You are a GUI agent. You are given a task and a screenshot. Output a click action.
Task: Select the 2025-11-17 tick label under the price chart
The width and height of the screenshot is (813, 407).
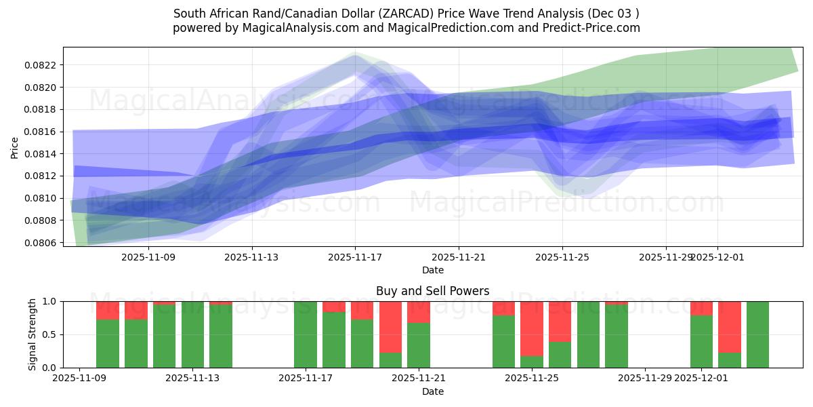[x=355, y=258]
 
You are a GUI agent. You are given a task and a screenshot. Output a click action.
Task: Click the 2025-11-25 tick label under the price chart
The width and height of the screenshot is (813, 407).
[x=562, y=258]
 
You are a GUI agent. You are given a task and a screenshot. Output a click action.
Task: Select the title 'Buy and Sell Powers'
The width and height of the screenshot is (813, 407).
[x=432, y=291]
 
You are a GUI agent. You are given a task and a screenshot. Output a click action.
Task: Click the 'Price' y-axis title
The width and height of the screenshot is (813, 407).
[x=15, y=147]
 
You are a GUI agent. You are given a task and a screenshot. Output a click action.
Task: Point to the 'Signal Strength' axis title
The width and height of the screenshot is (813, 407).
[x=32, y=334]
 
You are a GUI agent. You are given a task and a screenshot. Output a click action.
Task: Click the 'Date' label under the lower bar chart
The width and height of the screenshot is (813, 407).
[x=432, y=391]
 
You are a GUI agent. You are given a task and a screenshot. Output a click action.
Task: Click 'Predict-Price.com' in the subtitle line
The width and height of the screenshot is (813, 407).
[x=595, y=28]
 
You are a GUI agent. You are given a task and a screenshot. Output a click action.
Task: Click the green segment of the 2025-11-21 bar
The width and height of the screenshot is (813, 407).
[x=419, y=345]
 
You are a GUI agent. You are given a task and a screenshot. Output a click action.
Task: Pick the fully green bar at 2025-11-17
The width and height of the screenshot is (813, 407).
[x=306, y=334]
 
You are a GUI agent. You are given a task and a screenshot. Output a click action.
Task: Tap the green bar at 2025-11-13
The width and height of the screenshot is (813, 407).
[x=192, y=334]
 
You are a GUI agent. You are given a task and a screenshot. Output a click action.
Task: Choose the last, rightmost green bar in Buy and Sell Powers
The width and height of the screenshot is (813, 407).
[x=757, y=334]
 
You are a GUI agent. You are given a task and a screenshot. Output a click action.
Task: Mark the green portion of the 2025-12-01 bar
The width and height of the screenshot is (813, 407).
[x=701, y=342]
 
